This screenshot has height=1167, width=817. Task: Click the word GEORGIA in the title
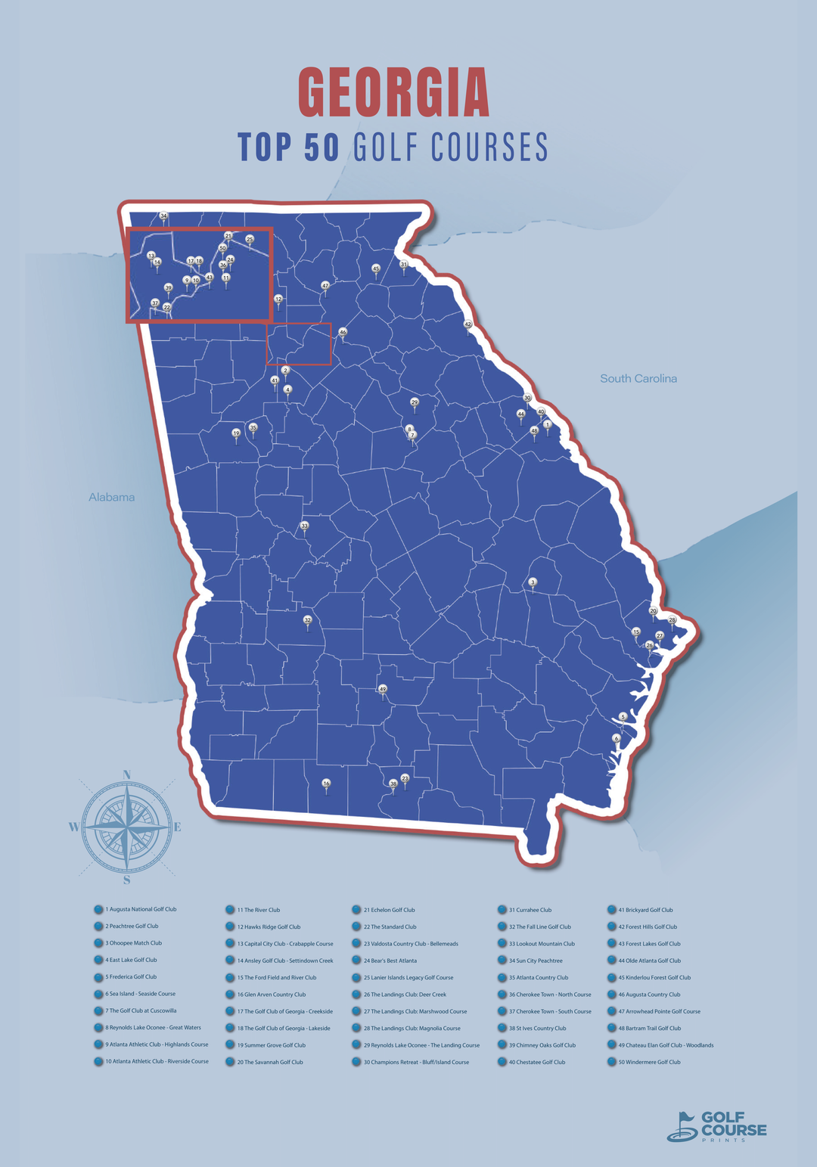(x=393, y=92)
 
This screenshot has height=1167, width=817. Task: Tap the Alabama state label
(x=111, y=497)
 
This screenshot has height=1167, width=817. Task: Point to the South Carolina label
(x=638, y=378)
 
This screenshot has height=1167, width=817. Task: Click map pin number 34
(x=163, y=216)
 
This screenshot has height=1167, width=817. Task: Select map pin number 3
(x=533, y=582)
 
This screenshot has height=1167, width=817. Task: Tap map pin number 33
(x=305, y=526)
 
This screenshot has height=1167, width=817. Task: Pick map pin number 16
(x=326, y=784)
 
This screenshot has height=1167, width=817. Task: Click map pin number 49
(x=383, y=690)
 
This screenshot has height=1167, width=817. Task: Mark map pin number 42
(x=468, y=324)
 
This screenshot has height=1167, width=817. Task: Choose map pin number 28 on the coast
(x=672, y=620)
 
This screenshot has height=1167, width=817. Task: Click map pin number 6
(x=617, y=738)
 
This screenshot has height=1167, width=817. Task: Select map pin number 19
(x=236, y=433)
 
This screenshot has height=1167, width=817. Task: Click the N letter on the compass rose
(x=127, y=774)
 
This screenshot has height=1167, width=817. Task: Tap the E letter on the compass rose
(x=178, y=827)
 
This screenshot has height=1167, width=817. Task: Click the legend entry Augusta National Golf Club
(x=141, y=909)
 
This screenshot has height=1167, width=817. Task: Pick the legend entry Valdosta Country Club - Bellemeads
(x=415, y=943)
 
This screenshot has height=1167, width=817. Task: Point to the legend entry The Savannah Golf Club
(x=273, y=1062)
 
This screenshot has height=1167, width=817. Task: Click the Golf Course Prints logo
(x=717, y=1126)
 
